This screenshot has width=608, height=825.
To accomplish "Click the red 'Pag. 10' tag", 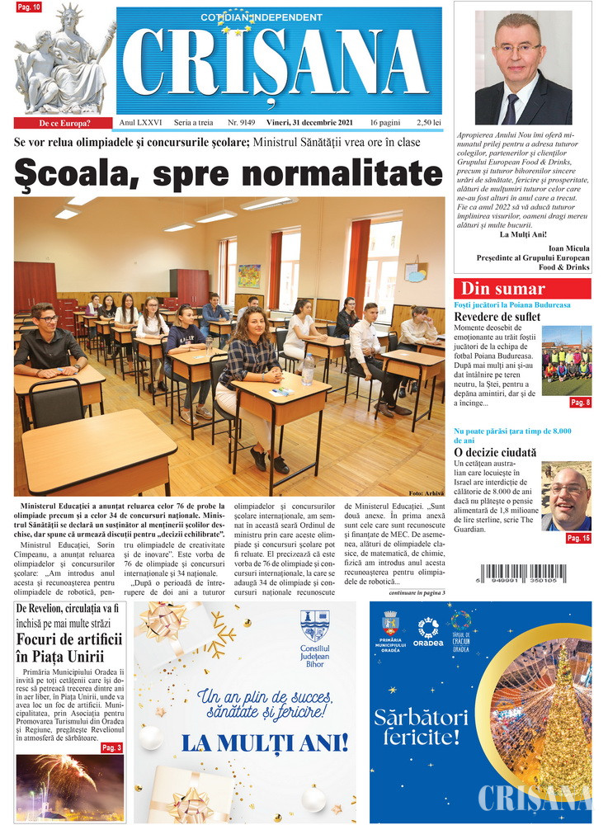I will pyautogui.click(x=29, y=7).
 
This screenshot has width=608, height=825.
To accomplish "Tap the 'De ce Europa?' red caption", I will pyautogui.click(x=64, y=124).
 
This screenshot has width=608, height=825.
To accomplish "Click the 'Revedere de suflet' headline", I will pyautogui.click(x=497, y=317).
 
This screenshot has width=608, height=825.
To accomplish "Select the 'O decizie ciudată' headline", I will pyautogui.click(x=495, y=452).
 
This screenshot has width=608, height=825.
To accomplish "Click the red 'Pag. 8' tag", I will pyautogui.click(x=580, y=403).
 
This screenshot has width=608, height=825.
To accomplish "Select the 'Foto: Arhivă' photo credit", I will pyautogui.click(x=426, y=493).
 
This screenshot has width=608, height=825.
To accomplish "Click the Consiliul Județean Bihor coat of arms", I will pyautogui.click(x=315, y=625).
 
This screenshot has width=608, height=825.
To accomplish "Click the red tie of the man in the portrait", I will pyautogui.click(x=512, y=107).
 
